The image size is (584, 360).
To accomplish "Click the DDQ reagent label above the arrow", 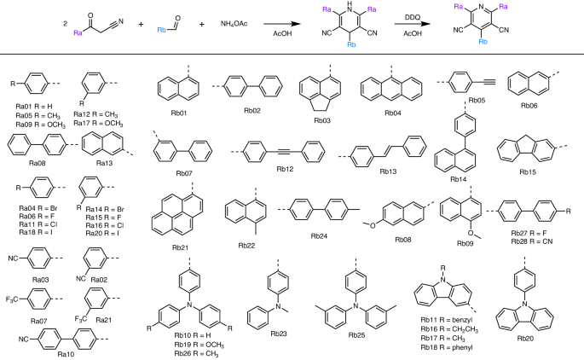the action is [413, 18].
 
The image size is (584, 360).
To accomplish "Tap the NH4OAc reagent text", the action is [234, 24].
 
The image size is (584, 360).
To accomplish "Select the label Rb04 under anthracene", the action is [392, 113].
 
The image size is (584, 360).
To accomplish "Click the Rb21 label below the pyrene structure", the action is [180, 247].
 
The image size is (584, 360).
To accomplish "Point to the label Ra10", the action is [66, 354].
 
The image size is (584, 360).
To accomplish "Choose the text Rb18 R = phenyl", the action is [447, 347].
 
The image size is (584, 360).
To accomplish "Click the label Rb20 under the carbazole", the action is [525, 339].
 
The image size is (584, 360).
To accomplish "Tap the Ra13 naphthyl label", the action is [104, 163].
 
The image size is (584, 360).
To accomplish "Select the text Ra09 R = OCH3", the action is [40, 125].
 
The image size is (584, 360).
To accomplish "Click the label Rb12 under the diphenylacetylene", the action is [285, 169].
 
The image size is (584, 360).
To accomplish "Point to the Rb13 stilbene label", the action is [388, 171].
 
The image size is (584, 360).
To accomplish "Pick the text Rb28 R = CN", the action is [531, 241].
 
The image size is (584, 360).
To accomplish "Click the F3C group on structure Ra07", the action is [12, 299].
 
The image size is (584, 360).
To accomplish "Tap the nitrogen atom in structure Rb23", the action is [277, 306].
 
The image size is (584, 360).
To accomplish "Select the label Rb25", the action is [356, 335].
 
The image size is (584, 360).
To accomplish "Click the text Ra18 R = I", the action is [38, 232].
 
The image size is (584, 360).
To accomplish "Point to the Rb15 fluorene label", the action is [528, 171].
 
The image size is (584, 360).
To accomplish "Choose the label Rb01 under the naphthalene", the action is [179, 113].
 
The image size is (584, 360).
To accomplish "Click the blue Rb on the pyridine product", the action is [483, 42].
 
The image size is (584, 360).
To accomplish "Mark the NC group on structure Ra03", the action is [13, 258].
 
